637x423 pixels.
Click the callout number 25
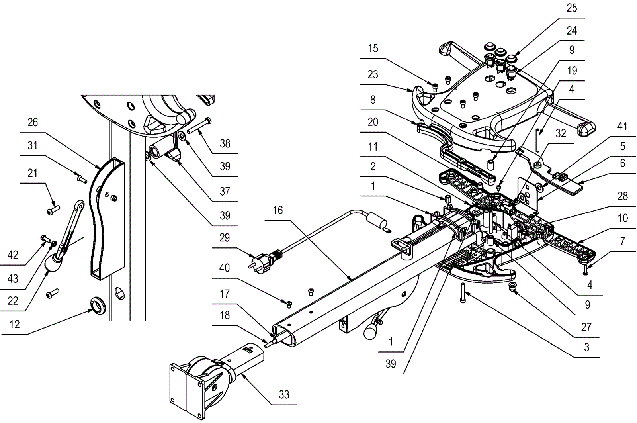(572, 8)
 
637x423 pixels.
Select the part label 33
(284, 395)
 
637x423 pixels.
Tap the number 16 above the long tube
(278, 210)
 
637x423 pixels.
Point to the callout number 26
(33, 122)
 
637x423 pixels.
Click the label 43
(13, 278)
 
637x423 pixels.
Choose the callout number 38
(225, 144)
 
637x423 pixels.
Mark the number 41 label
(622, 126)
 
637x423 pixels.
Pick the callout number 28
(623, 196)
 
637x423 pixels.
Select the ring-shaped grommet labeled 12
(98, 305)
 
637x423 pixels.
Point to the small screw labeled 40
(289, 304)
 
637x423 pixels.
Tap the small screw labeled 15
(435, 87)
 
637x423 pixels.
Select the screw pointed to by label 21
(53, 211)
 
